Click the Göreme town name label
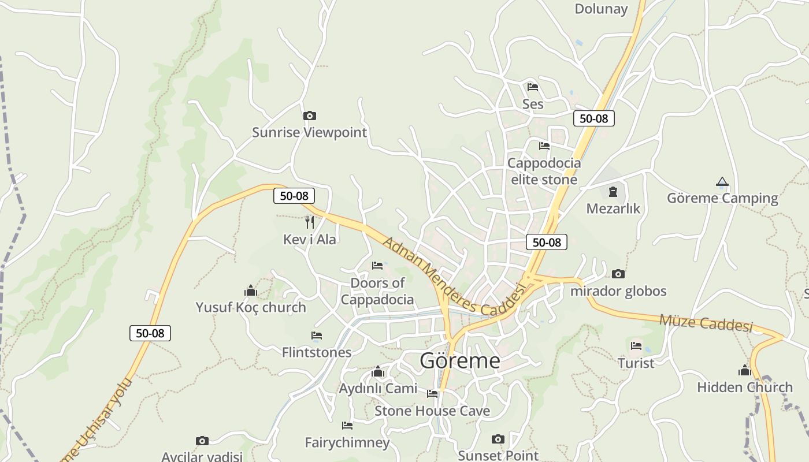coord(460,360)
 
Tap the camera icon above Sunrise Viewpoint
coord(310,116)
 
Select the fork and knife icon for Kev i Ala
coord(310,222)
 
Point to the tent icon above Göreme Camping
coord(722,182)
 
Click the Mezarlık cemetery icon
coord(613,191)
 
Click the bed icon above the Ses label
coord(533,87)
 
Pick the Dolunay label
coord(601,9)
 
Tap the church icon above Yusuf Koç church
coord(251,290)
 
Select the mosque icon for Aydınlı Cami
coord(378,371)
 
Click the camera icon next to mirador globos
coord(618,274)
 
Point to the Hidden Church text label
coord(745,387)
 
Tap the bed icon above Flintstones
coord(317,336)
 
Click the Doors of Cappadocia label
coord(377,291)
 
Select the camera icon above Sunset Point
coord(498,439)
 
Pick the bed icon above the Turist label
coord(636,346)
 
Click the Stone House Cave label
coord(432,411)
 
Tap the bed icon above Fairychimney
coord(347,426)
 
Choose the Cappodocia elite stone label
coord(544,171)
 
